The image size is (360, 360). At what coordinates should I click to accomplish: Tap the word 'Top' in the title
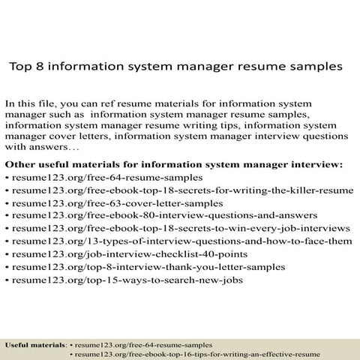click(x=19, y=66)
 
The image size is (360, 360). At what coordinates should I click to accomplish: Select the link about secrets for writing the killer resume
click(x=183, y=190)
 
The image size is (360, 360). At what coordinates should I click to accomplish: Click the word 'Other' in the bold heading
click(x=20, y=163)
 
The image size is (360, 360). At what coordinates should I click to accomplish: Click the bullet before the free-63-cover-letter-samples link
click(x=7, y=203)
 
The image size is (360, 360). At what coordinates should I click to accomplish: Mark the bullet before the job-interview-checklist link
click(x=7, y=254)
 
